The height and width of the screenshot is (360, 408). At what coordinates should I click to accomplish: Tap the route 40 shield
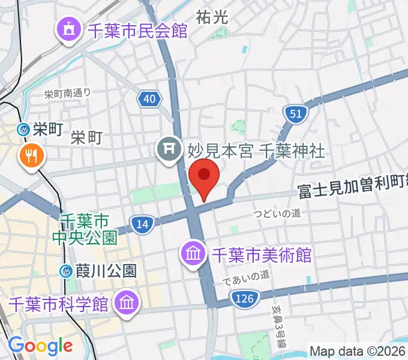149,98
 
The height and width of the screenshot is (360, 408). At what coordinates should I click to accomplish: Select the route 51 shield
296,113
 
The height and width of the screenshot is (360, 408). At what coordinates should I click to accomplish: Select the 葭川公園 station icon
67,271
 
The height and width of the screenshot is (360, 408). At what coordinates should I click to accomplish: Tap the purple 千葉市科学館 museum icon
127,302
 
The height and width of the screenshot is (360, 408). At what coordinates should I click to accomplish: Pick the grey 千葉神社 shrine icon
167,148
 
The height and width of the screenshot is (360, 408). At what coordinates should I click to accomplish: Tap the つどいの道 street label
277,213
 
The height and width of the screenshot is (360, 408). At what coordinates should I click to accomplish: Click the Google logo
40,346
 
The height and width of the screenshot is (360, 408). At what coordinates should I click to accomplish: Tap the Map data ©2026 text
358,350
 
